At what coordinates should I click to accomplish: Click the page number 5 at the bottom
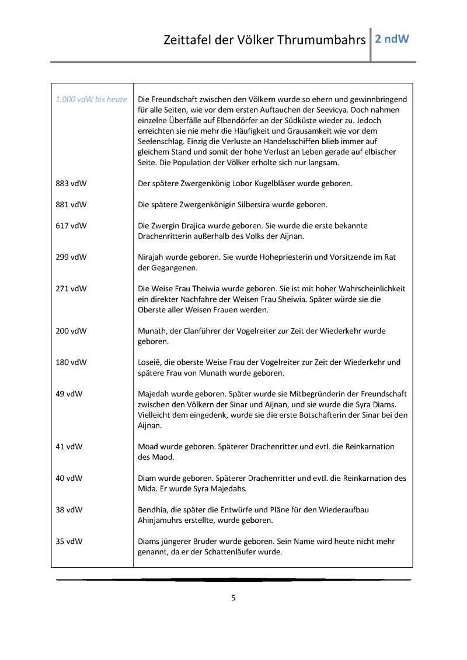233,598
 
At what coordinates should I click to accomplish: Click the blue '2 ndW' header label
392,40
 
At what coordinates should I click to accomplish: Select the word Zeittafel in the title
187,41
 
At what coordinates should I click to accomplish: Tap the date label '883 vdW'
71,183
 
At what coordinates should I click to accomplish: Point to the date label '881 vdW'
71,204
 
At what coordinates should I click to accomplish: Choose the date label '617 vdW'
71,225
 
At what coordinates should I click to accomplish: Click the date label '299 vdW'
71,257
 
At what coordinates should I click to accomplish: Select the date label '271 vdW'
71,288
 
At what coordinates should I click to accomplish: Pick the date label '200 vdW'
71,331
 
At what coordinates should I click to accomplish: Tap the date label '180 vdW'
71,362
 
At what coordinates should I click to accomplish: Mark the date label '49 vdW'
69,394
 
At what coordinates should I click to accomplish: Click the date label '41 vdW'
69,447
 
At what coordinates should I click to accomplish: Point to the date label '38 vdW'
69,510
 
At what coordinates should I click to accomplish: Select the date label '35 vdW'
69,542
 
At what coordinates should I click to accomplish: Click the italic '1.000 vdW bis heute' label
91,99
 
